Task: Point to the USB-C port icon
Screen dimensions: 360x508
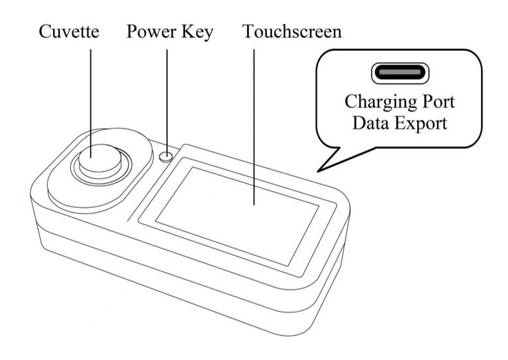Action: [x=400, y=72]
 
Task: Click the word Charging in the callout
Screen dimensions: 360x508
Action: [x=376, y=104]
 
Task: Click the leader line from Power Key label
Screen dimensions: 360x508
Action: [x=167, y=96]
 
